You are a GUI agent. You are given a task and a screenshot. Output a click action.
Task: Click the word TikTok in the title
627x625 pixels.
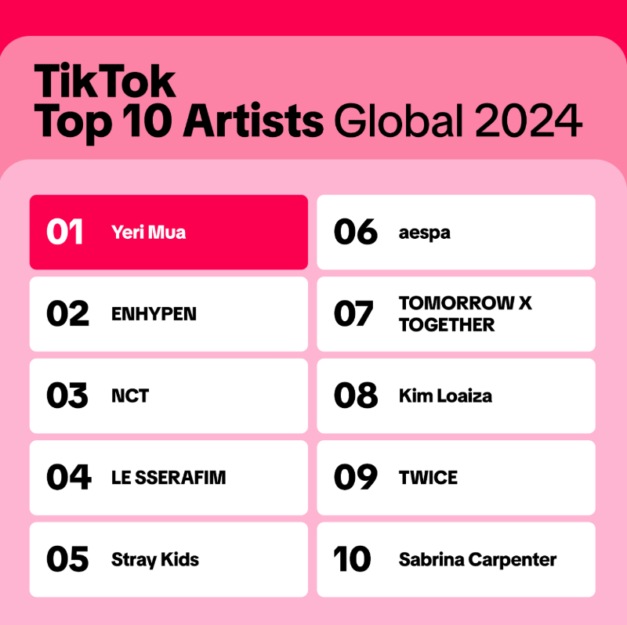coord(105,81)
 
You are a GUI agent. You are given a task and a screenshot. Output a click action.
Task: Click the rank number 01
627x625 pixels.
coord(65,233)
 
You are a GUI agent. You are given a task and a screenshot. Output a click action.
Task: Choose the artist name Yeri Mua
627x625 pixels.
coord(149,233)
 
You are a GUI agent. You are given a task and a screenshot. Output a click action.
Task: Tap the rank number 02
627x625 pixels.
coord(67,314)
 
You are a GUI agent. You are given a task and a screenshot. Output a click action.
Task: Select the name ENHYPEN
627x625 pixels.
coord(154,314)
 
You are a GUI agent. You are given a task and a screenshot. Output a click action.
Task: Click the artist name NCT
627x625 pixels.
coord(130,396)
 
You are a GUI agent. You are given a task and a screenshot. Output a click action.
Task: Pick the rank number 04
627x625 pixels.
coord(68,478)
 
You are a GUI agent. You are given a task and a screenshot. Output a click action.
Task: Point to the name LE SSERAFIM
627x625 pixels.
coord(169,478)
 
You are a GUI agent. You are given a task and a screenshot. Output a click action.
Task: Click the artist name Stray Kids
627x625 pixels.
coord(155,559)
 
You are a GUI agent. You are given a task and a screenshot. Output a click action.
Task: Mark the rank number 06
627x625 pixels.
coord(356,233)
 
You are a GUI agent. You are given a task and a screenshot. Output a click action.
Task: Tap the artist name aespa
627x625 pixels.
coord(425,233)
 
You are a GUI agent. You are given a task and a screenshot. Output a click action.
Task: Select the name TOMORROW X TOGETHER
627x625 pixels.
coord(465,314)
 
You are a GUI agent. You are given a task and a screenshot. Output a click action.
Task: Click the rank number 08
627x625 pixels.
coord(356,396)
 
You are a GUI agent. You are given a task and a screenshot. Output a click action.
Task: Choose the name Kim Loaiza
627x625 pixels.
coord(445,396)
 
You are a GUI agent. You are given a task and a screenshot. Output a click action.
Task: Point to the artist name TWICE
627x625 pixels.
coord(428,478)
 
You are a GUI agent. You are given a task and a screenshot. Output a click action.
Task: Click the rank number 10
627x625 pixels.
coord(353,559)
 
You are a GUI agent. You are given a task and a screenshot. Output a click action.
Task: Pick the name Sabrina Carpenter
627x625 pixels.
coord(477,559)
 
